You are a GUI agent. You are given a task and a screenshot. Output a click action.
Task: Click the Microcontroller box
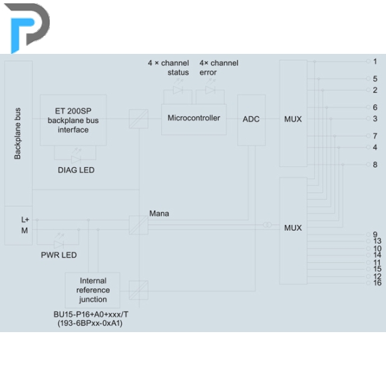(194, 119)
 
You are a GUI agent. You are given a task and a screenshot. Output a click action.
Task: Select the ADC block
(252, 120)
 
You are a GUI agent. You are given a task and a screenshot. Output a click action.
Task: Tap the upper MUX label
(293, 119)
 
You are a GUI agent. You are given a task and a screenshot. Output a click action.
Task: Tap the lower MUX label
(293, 228)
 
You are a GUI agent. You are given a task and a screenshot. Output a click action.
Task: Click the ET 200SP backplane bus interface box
(73, 120)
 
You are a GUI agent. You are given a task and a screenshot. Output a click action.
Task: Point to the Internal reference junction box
(93, 290)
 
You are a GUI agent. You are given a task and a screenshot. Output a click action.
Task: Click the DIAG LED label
(76, 170)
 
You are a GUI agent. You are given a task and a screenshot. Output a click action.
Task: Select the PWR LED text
(59, 255)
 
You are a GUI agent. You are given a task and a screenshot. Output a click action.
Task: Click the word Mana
(159, 214)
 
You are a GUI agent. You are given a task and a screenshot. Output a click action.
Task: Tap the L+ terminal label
(25, 220)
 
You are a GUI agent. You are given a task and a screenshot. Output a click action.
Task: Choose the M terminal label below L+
(25, 231)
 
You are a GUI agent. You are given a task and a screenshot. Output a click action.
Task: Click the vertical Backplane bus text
(17, 134)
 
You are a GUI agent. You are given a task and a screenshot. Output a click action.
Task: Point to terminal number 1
(375, 61)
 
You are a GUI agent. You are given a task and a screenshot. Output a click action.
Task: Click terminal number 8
(375, 164)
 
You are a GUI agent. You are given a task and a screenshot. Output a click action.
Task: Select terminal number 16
(377, 283)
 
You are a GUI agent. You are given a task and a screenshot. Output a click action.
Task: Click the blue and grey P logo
(27, 27)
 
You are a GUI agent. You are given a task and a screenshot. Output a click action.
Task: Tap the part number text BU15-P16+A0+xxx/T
(91, 314)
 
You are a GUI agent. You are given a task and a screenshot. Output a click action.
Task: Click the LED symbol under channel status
(178, 90)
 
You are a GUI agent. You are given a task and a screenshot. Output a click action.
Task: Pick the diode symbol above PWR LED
(59, 244)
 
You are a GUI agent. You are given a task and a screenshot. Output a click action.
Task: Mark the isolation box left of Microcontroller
(138, 119)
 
